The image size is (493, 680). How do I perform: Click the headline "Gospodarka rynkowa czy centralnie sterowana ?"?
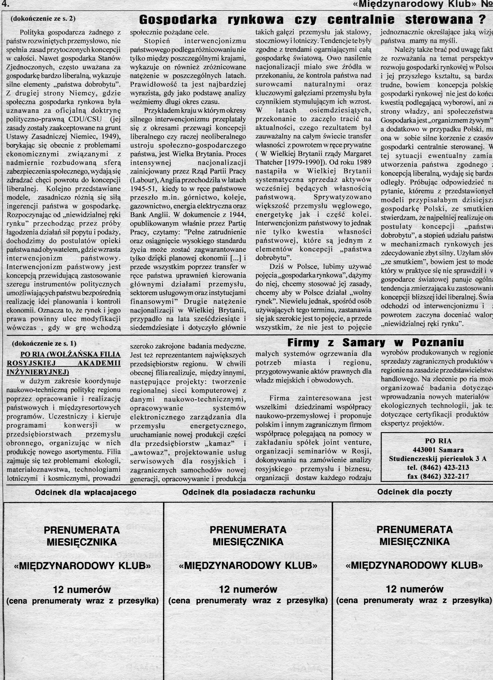312,20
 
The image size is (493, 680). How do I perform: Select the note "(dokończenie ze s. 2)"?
43,19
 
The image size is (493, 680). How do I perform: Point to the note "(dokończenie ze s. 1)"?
44,343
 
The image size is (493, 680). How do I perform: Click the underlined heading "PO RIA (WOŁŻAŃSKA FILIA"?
70,354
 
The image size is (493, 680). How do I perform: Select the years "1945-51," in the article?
143,189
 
